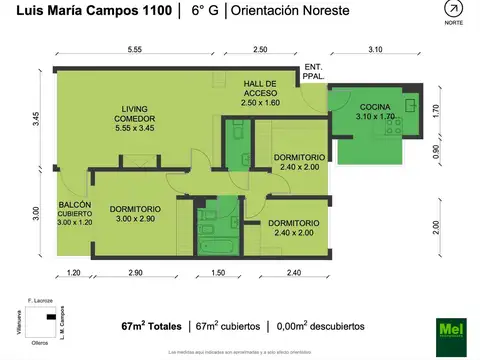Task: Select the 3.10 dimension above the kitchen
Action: point(376,49)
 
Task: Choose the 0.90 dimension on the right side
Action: point(435,151)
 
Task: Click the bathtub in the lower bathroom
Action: point(214,244)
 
